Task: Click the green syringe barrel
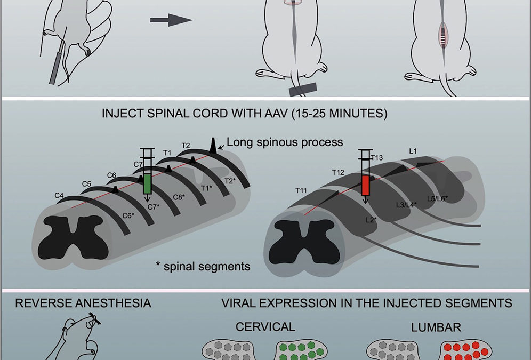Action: point(148,184)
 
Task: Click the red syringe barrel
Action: point(366,186)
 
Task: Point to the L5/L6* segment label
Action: point(437,198)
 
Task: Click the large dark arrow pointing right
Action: point(171,20)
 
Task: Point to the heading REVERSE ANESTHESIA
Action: point(83,303)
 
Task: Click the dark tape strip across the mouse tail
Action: point(303,89)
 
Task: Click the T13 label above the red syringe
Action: point(377,157)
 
